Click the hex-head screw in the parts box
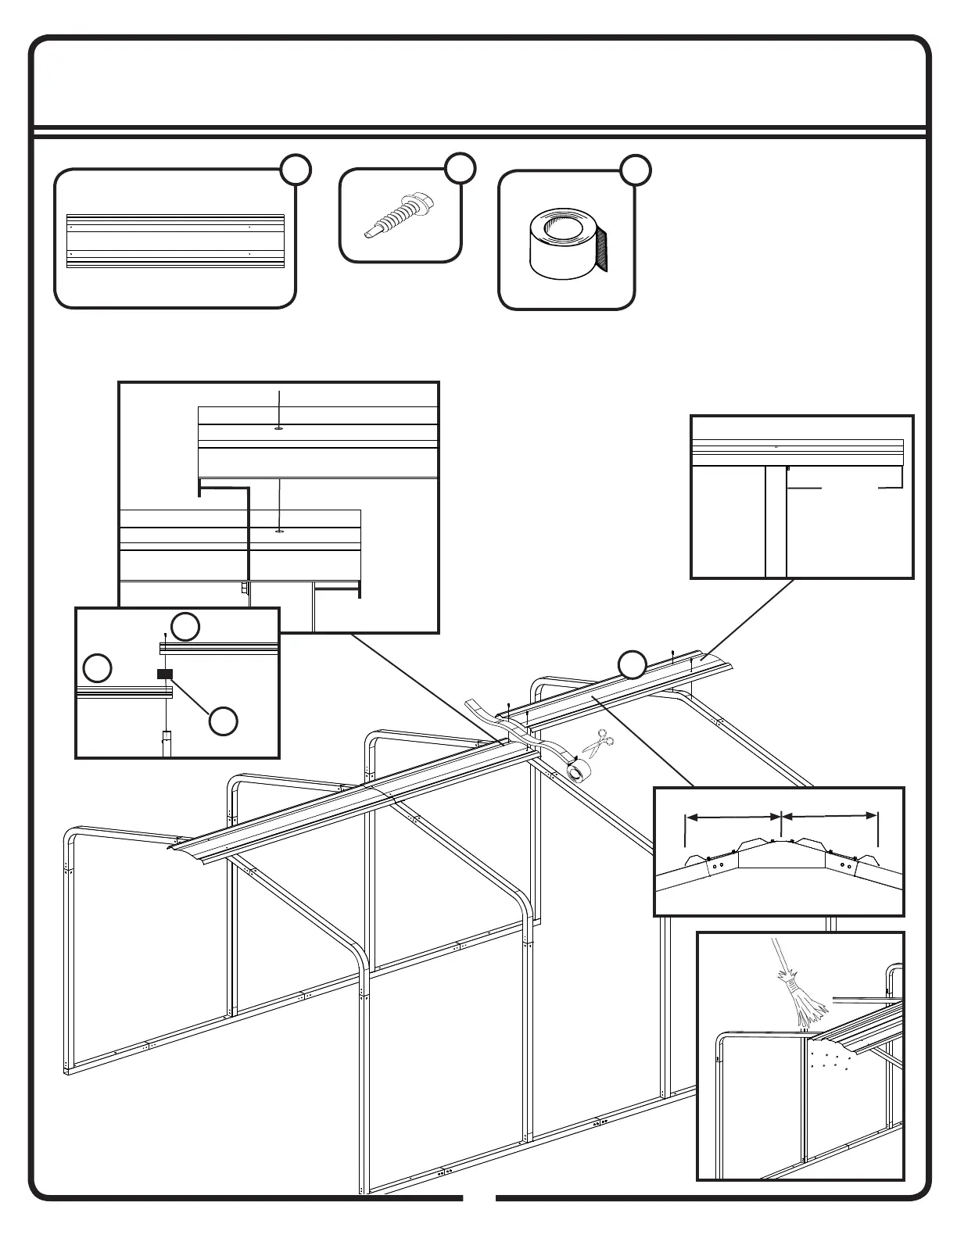coord(400,214)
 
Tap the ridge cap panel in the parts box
coord(175,242)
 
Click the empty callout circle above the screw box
coord(460,169)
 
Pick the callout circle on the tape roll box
coord(636,171)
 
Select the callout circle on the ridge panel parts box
coord(296,170)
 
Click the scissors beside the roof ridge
coord(598,742)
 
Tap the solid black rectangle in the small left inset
coord(164,674)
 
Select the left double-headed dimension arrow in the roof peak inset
coord(733,817)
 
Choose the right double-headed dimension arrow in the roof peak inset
coord(830,816)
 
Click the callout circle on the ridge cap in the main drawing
coord(633,664)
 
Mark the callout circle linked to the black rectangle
coord(224,721)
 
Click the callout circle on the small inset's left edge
coord(98,668)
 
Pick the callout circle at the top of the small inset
coord(185,626)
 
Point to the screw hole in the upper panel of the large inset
coord(279,428)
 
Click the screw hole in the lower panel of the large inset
coord(279,531)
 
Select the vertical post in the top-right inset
coord(776,521)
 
